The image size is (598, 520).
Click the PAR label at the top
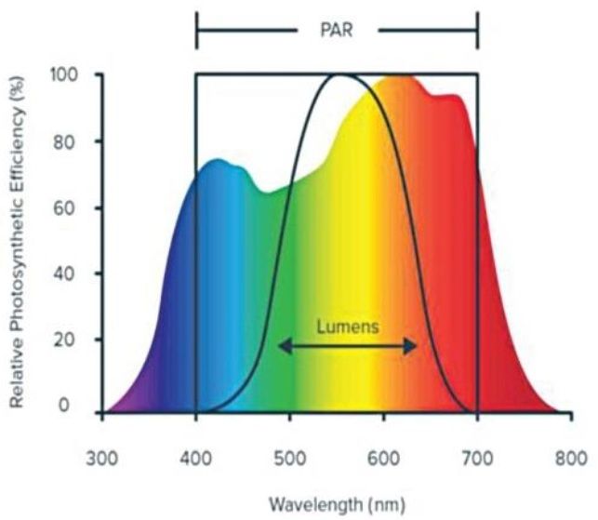[337, 29]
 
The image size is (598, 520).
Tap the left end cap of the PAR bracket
[196, 29]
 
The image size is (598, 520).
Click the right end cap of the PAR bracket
[477, 29]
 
